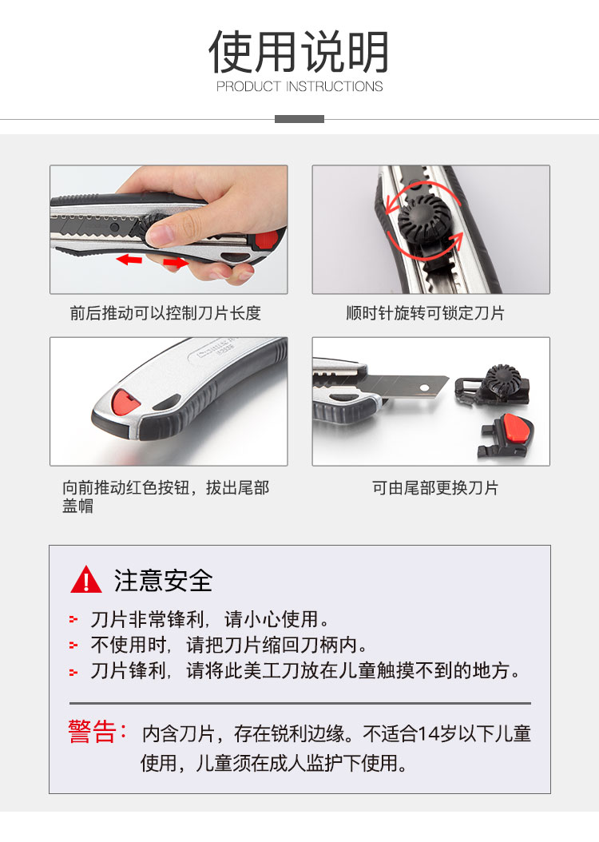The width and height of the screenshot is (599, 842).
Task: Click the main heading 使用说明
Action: (x=299, y=52)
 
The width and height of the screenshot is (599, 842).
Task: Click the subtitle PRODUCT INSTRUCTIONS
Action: (x=299, y=86)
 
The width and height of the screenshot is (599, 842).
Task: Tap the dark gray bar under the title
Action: (x=299, y=119)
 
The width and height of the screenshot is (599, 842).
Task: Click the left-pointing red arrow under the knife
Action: (x=129, y=260)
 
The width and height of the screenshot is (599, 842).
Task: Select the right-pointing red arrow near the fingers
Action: (x=176, y=263)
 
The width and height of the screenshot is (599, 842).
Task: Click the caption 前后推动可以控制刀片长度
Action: (x=165, y=313)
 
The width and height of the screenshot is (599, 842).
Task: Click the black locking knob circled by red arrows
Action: (x=424, y=220)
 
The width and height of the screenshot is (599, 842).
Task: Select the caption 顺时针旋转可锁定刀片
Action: (x=425, y=313)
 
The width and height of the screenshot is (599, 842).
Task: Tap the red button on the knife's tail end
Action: (x=125, y=403)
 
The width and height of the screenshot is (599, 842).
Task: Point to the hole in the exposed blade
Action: (x=425, y=387)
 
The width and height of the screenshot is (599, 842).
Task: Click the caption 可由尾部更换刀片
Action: (x=435, y=487)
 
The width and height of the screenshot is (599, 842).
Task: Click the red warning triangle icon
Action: (x=86, y=580)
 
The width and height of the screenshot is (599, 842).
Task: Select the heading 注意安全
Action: (x=163, y=581)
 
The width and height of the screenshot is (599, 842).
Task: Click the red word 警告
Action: (x=92, y=732)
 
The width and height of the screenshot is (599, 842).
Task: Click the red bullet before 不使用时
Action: (x=73, y=645)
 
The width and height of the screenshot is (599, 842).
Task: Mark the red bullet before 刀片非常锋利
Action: (x=73, y=620)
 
